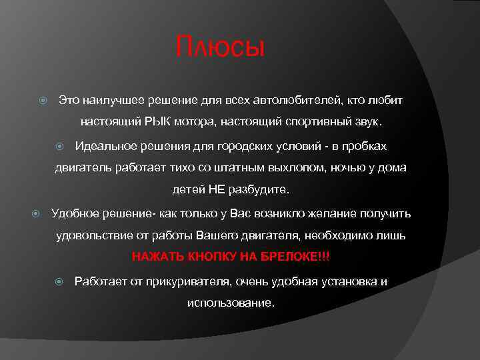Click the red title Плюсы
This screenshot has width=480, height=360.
(x=220, y=48)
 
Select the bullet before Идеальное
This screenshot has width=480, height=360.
(x=60, y=146)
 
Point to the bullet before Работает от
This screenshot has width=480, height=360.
(x=60, y=281)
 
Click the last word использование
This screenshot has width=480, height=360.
(x=230, y=303)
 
